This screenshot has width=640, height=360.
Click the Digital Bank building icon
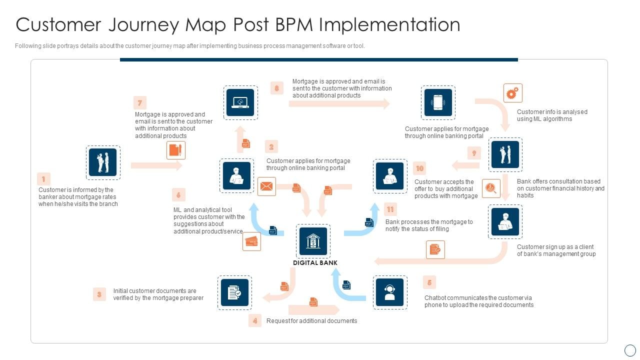313,241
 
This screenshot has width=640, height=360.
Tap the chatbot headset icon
390,292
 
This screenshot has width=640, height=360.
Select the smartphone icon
438,102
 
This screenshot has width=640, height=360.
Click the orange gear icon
512,93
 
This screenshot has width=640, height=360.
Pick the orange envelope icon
266,186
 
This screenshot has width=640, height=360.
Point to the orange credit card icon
251,241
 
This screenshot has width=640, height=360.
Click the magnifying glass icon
491,188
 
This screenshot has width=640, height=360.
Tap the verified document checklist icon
234,292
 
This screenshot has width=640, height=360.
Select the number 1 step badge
43,179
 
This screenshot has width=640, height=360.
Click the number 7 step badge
140,103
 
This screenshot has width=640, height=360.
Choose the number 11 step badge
390,209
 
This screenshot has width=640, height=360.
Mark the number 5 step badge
429,282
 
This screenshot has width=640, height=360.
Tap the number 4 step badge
255,320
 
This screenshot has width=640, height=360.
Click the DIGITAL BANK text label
315,263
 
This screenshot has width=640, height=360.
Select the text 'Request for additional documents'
311,321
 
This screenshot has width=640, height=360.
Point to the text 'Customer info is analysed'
552,112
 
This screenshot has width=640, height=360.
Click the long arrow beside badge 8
339,104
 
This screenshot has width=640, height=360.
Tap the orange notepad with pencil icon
175,150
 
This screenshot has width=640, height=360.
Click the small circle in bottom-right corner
630,350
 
